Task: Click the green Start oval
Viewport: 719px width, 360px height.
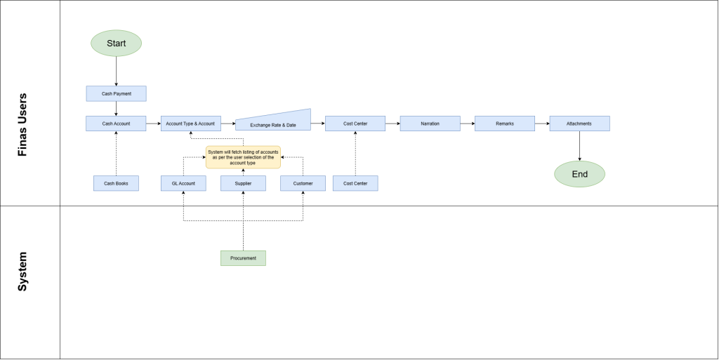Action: click(x=116, y=43)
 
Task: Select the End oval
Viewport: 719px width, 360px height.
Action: click(x=579, y=174)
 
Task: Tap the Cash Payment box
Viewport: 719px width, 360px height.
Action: click(x=116, y=93)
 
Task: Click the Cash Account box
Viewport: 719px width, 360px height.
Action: click(x=116, y=124)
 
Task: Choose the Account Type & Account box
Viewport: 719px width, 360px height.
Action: click(x=191, y=124)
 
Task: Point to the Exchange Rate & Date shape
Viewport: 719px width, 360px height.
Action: click(x=273, y=122)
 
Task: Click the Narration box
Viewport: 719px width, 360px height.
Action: click(x=430, y=124)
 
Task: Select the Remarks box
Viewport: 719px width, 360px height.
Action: click(x=505, y=124)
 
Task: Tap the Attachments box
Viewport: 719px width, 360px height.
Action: click(x=579, y=124)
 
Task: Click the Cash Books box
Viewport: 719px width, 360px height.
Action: click(x=116, y=183)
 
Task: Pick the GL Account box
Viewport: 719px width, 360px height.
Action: click(x=183, y=183)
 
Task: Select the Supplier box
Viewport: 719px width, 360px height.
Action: click(x=243, y=183)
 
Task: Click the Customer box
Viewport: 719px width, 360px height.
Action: click(x=303, y=183)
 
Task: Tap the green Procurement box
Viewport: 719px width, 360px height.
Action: click(x=243, y=258)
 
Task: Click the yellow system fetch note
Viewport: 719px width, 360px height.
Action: click(x=243, y=157)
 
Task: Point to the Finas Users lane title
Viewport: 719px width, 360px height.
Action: click(x=22, y=125)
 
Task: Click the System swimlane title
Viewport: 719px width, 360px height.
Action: click(x=22, y=272)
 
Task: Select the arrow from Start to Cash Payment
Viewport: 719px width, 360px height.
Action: click(x=116, y=71)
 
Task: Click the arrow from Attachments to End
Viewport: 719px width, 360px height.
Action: click(x=579, y=146)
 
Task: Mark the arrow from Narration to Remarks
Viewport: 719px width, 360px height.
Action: click(x=468, y=124)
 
